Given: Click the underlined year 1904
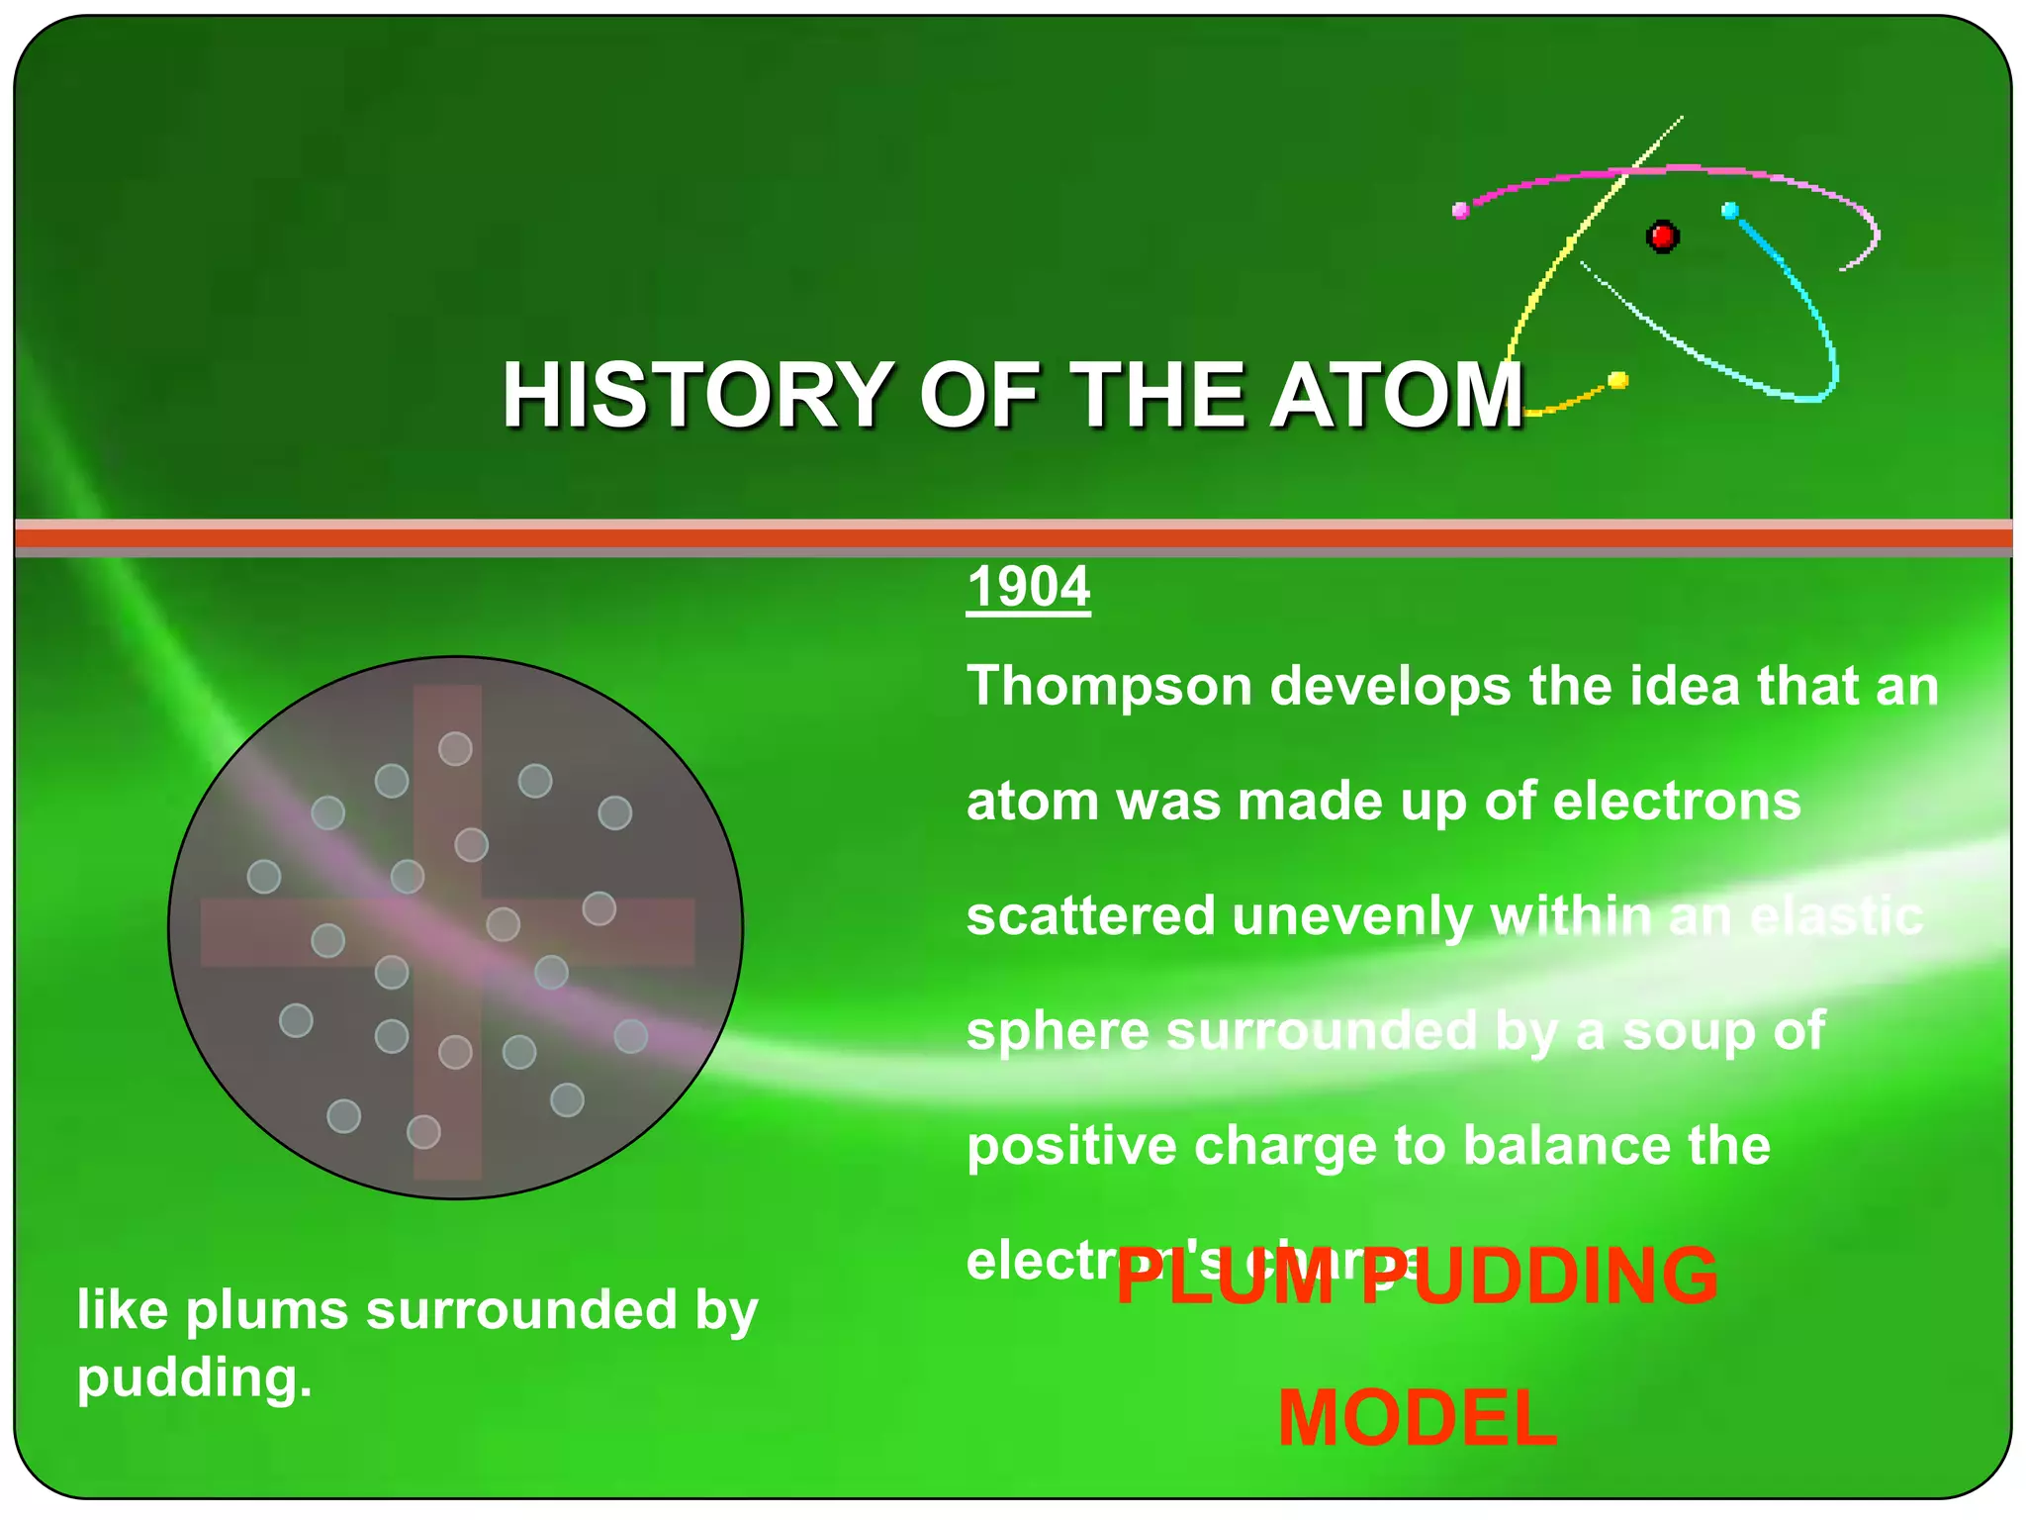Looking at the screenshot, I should click(1028, 587).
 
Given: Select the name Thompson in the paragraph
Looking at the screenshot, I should click(1109, 686).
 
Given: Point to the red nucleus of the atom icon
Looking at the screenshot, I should click(1662, 237).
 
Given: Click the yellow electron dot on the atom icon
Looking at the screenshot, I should click(1618, 380).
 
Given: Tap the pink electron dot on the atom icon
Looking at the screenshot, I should click(1460, 210).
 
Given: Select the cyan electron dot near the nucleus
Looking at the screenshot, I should click(1730, 210).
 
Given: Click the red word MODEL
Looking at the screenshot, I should click(1417, 1419).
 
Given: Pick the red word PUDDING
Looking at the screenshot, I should click(1539, 1277).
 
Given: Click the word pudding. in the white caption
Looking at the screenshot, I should click(195, 1377).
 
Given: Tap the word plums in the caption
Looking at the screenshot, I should click(267, 1310).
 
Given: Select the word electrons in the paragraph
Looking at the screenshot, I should click(1677, 801).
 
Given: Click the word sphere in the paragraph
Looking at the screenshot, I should click(1058, 1032).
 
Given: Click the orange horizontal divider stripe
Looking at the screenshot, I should click(1013, 538).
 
